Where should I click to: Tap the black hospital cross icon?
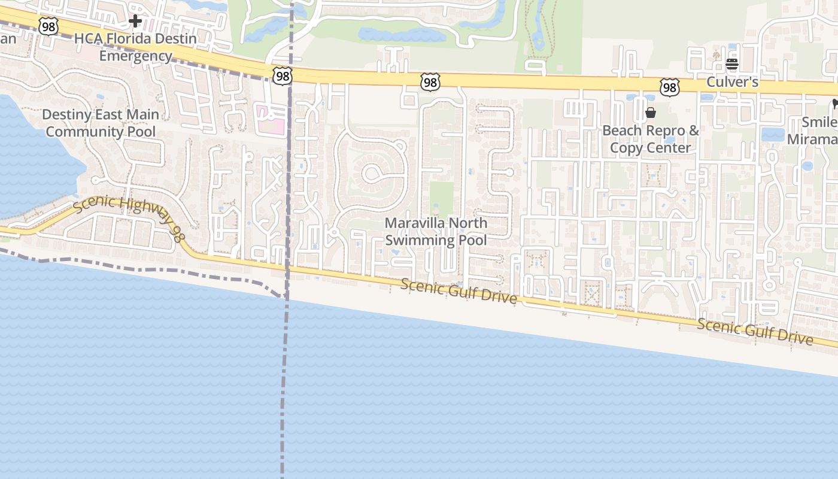pyautogui.click(x=135, y=22)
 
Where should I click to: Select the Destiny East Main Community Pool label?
pyautogui.click(x=101, y=123)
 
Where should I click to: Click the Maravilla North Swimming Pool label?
pyautogui.click(x=436, y=232)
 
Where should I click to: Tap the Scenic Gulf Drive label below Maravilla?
pyautogui.click(x=459, y=291)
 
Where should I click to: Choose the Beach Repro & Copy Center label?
pyautogui.click(x=651, y=139)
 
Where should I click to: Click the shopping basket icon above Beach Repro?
pyautogui.click(x=651, y=113)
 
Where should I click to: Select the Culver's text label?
pyautogui.click(x=733, y=82)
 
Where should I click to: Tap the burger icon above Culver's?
pyautogui.click(x=732, y=64)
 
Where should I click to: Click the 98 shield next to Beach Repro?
pyautogui.click(x=670, y=87)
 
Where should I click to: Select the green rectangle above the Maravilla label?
pyautogui.click(x=442, y=199)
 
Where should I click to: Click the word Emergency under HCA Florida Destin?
pyautogui.click(x=135, y=56)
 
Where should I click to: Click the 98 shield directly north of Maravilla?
pyautogui.click(x=430, y=81)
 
